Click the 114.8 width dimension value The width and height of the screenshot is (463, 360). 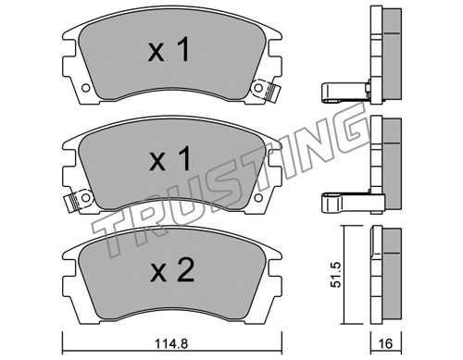tap(171, 343)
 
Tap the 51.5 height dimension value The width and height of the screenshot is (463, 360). tap(335, 275)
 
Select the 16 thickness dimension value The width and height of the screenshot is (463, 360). tap(385, 343)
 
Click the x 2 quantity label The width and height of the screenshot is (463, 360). tap(172, 270)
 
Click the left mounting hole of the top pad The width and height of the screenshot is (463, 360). tap(86, 88)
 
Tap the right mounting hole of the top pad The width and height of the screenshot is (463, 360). tap(258, 88)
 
